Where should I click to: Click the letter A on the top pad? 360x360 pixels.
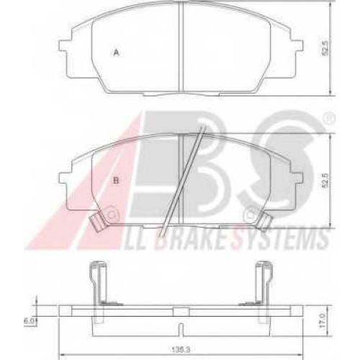(117, 53)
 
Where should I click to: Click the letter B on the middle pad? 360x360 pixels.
(116, 180)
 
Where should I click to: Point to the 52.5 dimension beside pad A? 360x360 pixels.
(325, 48)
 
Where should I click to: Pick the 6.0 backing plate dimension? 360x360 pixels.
(30, 321)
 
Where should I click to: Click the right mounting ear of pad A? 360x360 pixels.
(297, 45)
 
